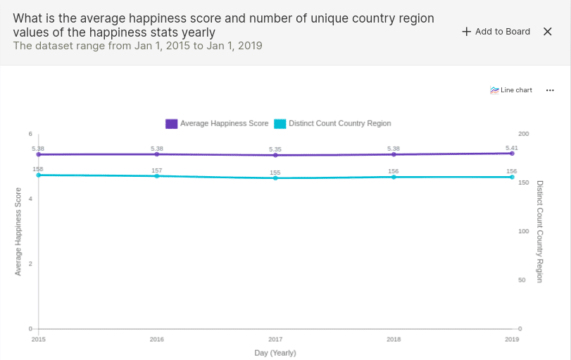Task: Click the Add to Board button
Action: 496,32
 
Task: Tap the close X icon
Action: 548,32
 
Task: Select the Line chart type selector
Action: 511,90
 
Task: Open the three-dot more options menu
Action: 550,90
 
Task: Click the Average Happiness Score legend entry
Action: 217,123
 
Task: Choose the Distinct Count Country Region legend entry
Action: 332,123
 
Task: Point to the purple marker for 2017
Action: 275,155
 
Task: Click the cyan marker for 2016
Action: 157,176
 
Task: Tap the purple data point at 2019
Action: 512,153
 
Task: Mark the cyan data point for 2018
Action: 394,177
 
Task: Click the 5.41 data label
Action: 512,147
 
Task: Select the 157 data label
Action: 157,170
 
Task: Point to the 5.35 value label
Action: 275,149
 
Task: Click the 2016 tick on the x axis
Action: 157,340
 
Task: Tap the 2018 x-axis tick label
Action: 394,340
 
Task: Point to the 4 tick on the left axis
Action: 30,199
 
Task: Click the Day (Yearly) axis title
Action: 275,353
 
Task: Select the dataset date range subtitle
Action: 137,46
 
